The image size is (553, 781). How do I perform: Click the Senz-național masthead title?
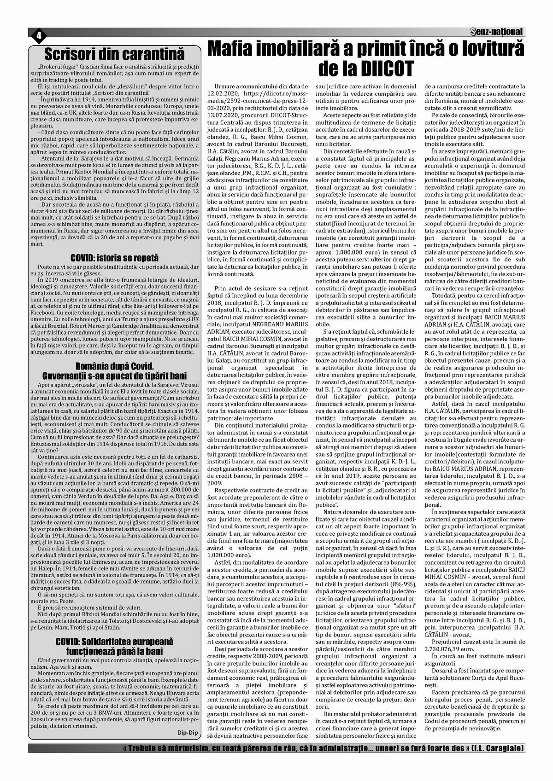(497, 32)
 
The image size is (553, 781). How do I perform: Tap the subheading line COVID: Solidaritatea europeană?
(114, 641)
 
